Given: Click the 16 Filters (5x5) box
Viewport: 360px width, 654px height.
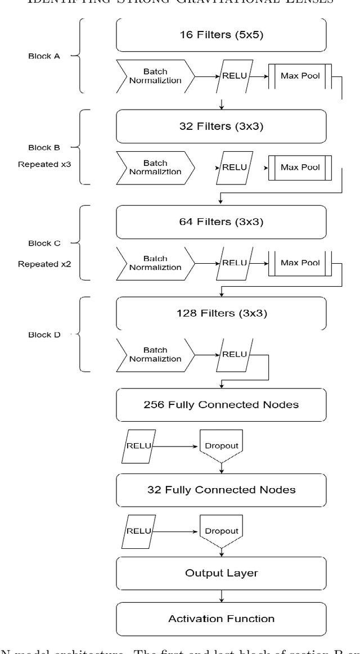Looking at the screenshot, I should click(221, 34).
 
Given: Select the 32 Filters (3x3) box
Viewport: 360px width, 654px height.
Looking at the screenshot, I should click(221, 126).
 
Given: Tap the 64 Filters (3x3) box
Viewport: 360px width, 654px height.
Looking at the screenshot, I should click(221, 222).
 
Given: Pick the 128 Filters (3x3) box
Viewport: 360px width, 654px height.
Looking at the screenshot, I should click(221, 313).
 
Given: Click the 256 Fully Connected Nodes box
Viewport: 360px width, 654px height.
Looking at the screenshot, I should click(221, 404).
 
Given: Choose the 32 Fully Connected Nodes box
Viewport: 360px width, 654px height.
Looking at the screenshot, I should click(221, 490).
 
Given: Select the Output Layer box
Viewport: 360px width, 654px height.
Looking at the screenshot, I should click(221, 573).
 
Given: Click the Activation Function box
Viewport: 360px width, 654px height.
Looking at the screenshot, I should click(221, 619).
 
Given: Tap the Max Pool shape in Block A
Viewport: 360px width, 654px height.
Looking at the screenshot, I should click(300, 76).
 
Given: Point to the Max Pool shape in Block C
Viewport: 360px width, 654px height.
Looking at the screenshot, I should click(300, 263).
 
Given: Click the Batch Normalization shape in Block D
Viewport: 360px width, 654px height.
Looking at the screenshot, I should click(155, 354).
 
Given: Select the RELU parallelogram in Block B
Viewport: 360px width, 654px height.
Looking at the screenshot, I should click(235, 168).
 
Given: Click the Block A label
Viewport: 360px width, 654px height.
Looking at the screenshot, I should click(44, 56).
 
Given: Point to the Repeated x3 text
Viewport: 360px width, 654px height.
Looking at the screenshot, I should click(44, 165).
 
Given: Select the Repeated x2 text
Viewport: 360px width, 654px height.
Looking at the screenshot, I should click(44, 264).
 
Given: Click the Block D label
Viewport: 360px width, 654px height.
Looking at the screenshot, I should click(44, 335).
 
